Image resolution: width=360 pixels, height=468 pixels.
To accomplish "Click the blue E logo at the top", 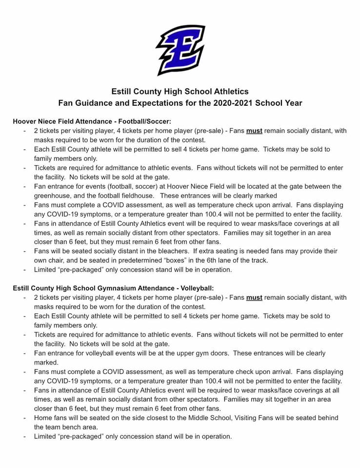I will (180, 50).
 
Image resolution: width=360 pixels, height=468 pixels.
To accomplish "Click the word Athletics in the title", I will (230, 91).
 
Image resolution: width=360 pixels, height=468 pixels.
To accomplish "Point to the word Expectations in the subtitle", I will (159, 103).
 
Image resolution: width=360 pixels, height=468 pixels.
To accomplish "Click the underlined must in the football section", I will (254, 131).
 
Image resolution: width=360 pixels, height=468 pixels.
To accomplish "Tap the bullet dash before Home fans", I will (24, 418).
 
